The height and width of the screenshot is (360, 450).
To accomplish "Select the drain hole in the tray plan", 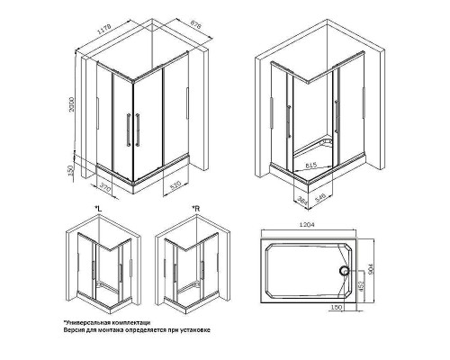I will pos(343,267).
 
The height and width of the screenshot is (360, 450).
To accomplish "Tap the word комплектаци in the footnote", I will pos(127,321).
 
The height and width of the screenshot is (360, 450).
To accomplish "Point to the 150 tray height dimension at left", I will pos(82,168).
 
